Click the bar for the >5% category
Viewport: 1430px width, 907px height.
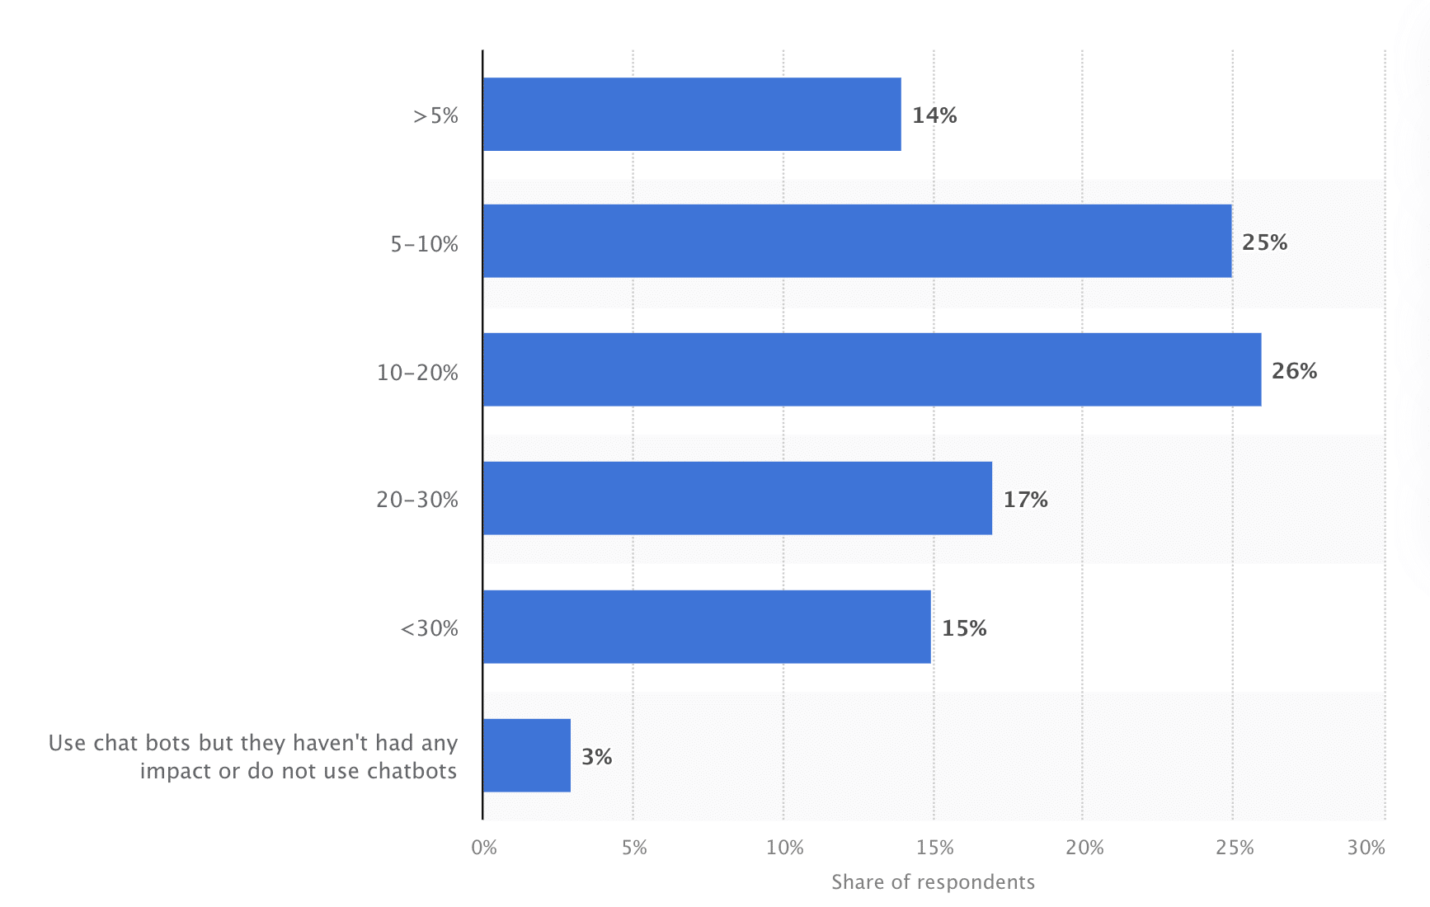(x=691, y=115)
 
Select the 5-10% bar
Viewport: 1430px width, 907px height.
(x=856, y=242)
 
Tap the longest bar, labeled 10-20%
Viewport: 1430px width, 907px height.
(x=871, y=370)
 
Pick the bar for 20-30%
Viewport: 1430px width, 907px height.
(x=736, y=499)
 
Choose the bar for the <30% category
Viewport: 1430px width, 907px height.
(x=706, y=627)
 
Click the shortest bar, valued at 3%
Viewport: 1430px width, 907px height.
(x=526, y=756)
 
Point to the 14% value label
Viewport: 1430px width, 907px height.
(x=934, y=115)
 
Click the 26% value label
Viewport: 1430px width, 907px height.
(x=1294, y=371)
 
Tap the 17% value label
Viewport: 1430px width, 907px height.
(x=1025, y=500)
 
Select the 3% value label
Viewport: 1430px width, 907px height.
(x=596, y=757)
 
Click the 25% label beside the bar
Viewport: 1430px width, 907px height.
(x=1264, y=242)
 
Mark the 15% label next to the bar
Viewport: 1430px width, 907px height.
(x=964, y=628)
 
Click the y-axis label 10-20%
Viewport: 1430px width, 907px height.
(x=417, y=373)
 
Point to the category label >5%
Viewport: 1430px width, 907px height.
(x=435, y=115)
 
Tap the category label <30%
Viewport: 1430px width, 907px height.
(x=429, y=628)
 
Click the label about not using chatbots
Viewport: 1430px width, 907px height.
(x=252, y=757)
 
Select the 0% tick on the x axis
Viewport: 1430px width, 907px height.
(x=484, y=848)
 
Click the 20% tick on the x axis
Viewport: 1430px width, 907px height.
(x=1084, y=848)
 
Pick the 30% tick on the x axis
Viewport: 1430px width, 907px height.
(x=1366, y=848)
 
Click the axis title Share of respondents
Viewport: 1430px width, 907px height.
(x=933, y=882)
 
